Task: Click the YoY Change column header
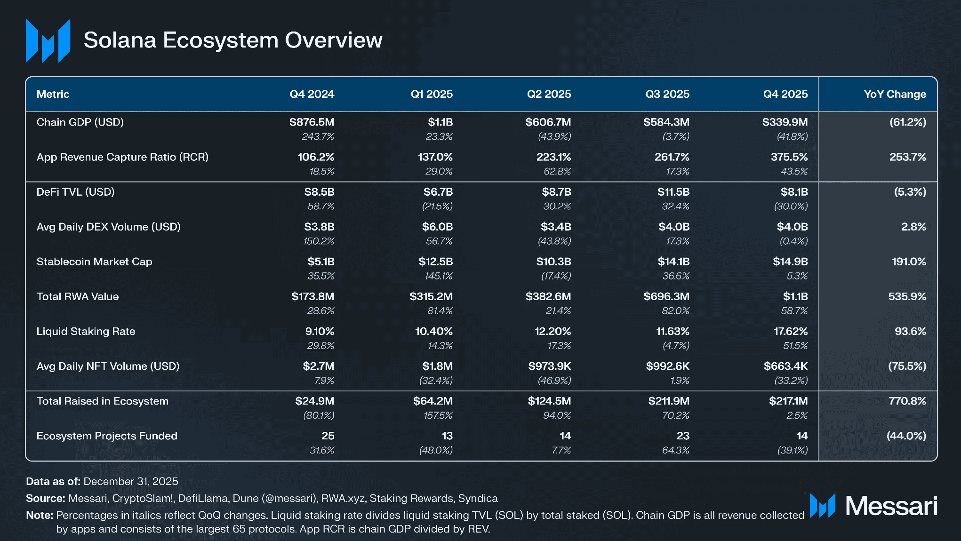click(x=894, y=94)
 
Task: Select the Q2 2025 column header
click(x=549, y=94)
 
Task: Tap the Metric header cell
click(x=53, y=94)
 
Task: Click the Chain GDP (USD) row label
click(x=80, y=122)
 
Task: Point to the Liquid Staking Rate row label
click(x=86, y=331)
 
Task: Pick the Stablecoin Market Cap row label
click(x=94, y=262)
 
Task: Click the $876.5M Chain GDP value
click(x=312, y=122)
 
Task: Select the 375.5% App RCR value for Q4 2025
click(x=789, y=157)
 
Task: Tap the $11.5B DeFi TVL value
click(x=673, y=192)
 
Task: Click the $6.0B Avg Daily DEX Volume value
click(x=437, y=227)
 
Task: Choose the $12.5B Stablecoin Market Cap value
click(x=435, y=262)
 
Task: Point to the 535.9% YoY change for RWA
click(x=906, y=296)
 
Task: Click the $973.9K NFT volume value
click(x=549, y=366)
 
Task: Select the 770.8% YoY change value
click(x=907, y=401)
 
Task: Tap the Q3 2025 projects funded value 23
click(x=682, y=436)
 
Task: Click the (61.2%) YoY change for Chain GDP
click(x=907, y=122)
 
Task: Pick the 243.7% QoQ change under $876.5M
click(x=318, y=136)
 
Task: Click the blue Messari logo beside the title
click(x=48, y=40)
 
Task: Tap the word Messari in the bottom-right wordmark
click(x=891, y=506)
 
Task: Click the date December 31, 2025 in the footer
click(x=131, y=481)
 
